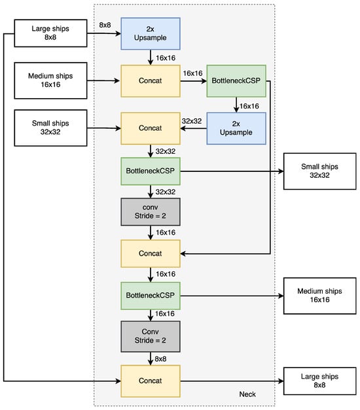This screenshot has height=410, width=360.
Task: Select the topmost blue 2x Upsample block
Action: [149, 34]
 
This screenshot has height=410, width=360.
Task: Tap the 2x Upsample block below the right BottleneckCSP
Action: [237, 128]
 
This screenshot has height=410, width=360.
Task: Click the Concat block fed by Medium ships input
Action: [149, 81]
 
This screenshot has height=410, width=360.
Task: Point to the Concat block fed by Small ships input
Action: [149, 128]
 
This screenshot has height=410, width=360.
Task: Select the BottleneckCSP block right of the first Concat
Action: [237, 81]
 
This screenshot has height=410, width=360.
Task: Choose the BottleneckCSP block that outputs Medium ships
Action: [149, 295]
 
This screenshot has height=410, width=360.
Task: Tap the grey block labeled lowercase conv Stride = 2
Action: [149, 211]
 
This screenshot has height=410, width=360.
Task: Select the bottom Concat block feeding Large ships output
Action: [149, 379]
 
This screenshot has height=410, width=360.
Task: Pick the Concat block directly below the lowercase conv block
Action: [149, 252]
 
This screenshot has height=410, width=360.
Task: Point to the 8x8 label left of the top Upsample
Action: [105, 25]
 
